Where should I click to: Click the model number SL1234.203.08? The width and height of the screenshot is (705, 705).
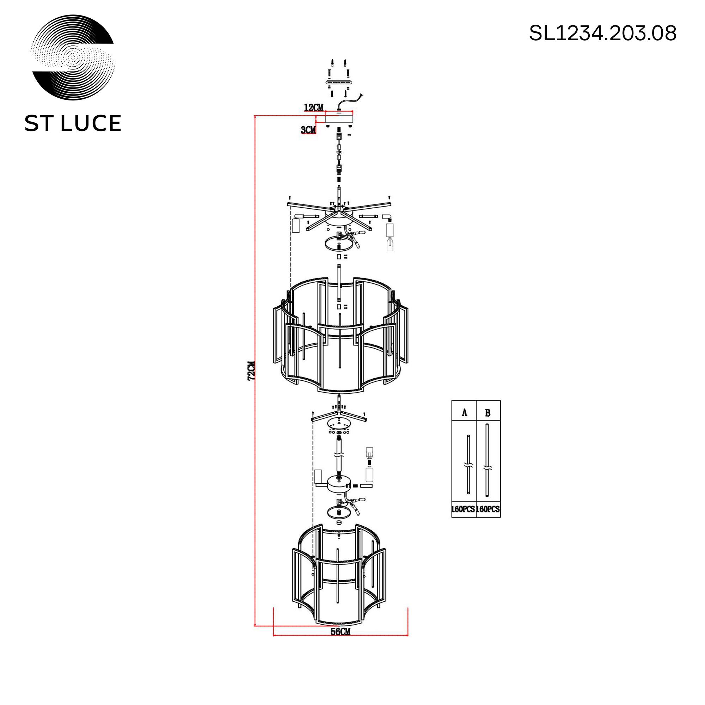click(603, 33)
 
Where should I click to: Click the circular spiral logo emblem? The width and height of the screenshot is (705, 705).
click(73, 57)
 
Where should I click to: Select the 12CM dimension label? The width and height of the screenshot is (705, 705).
click(313, 108)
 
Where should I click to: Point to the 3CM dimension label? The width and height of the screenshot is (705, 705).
click(308, 130)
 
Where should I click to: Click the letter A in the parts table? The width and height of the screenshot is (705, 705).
click(465, 413)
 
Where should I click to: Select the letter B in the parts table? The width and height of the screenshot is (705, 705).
click(488, 413)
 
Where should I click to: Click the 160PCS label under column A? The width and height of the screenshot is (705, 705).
click(464, 509)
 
